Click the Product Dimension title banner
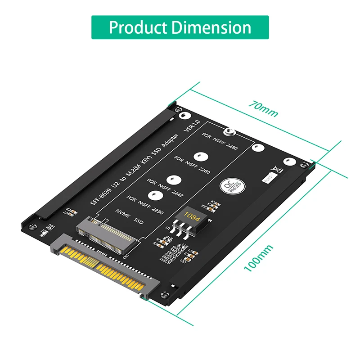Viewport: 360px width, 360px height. [x=180, y=27]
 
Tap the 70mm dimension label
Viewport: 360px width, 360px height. [x=264, y=109]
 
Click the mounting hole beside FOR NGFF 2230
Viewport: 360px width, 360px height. [x=155, y=196]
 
